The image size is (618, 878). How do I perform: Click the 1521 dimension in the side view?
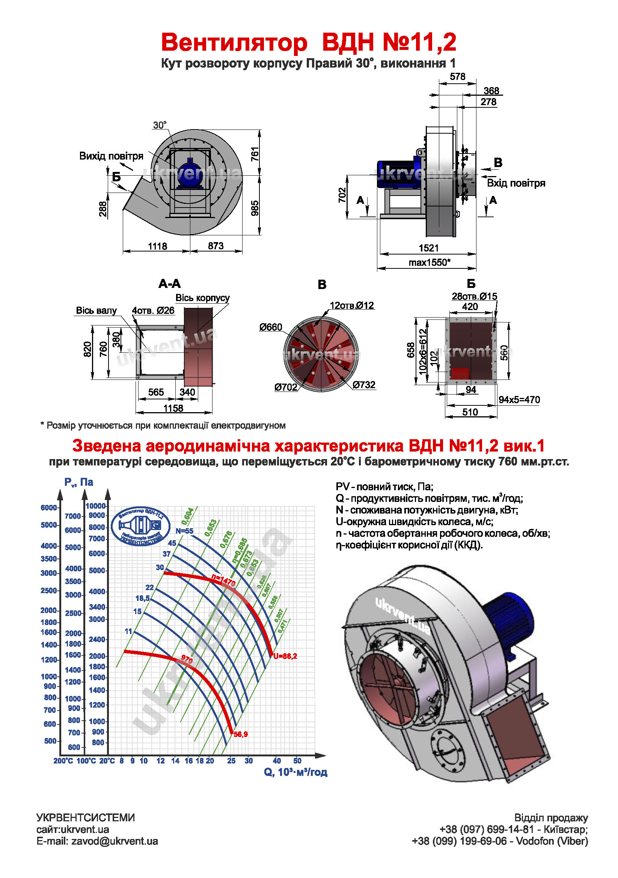(428, 248)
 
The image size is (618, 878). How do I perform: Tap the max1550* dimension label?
(429, 263)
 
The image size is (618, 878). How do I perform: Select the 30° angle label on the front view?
(160, 125)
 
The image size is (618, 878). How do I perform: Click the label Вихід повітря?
(111, 156)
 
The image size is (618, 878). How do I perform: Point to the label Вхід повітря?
(516, 183)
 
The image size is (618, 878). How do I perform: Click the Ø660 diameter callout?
(270, 327)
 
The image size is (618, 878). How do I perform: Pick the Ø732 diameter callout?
(364, 385)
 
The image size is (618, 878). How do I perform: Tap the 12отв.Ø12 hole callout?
(351, 306)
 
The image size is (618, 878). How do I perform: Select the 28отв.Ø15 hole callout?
(474, 297)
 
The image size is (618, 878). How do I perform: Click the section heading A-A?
(169, 284)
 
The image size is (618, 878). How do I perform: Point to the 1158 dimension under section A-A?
(173, 408)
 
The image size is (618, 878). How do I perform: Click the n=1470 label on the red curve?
(223, 581)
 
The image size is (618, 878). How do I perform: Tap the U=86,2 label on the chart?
(285, 656)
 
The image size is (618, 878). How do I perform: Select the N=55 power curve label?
(184, 531)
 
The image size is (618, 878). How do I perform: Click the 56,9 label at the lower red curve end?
(241, 734)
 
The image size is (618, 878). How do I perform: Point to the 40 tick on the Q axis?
(277, 761)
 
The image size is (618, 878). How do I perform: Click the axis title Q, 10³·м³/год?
(295, 772)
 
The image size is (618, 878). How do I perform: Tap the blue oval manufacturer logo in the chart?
(140, 526)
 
